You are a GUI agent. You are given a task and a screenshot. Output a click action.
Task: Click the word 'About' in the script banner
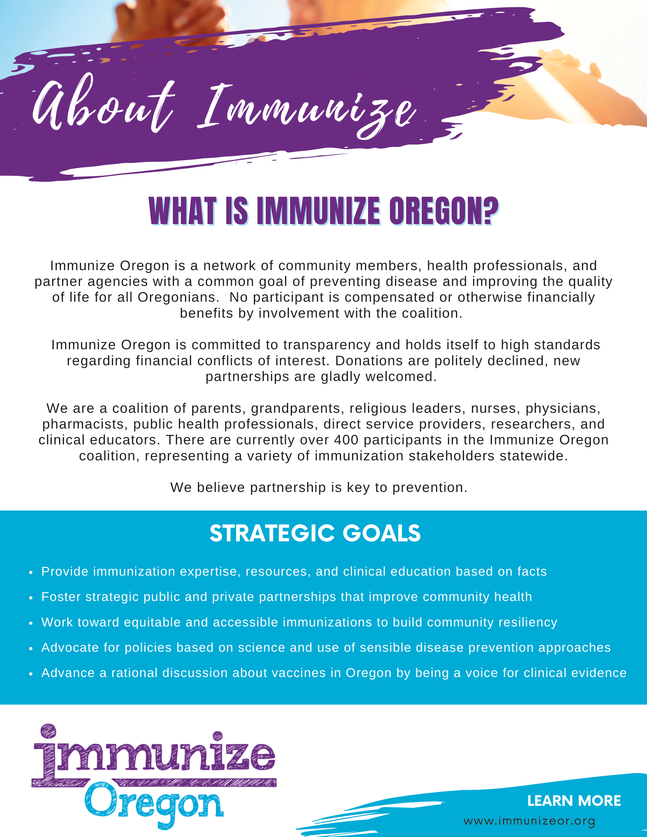pyautogui.click(x=104, y=103)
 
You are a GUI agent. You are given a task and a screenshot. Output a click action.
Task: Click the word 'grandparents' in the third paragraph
pyautogui.click(x=296, y=409)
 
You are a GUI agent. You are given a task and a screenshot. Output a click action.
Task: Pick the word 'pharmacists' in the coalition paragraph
pyautogui.click(x=86, y=424)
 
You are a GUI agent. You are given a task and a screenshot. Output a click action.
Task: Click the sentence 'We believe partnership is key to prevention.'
pyautogui.click(x=319, y=487)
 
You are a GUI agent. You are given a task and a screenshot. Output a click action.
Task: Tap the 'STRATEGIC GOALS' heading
pyautogui.click(x=315, y=533)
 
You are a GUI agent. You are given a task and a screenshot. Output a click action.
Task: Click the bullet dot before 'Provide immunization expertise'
pyautogui.click(x=31, y=573)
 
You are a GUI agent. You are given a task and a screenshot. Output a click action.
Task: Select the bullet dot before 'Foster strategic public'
pyautogui.click(x=31, y=598)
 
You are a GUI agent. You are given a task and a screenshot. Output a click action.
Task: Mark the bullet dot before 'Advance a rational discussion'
pyautogui.click(x=31, y=674)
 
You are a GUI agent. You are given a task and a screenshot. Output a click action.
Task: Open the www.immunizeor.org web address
pyautogui.click(x=529, y=821)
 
